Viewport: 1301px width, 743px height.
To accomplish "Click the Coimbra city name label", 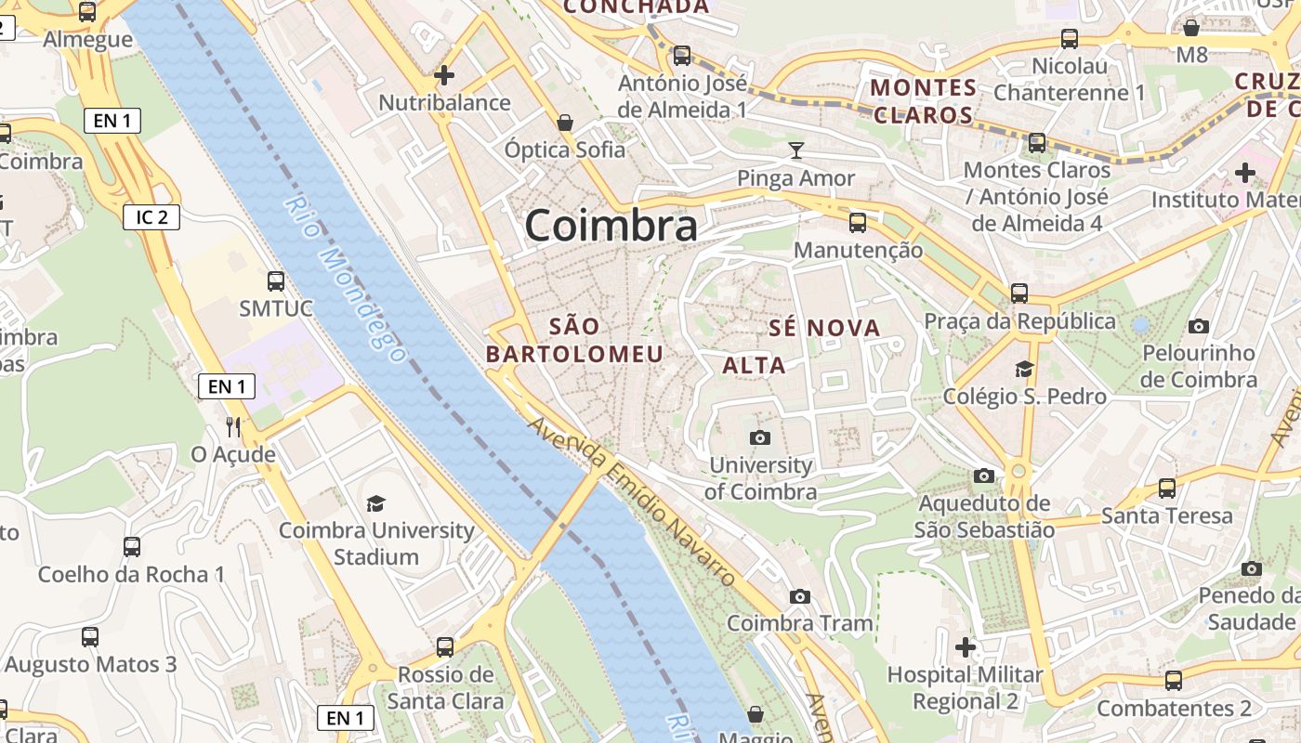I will point(611,227).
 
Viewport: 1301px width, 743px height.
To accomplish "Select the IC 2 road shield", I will point(151,217).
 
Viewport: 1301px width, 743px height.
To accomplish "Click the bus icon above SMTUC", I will point(276,280).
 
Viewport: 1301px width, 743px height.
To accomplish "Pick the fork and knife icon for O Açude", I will point(233,426).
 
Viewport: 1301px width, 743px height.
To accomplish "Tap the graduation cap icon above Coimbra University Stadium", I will point(375,503).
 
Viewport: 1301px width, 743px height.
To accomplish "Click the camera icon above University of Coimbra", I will point(760,437).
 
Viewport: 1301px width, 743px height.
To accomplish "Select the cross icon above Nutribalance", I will point(444,75).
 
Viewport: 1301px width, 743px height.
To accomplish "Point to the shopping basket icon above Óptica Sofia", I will point(564,123).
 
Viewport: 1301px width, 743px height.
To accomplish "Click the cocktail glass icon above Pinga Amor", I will point(796,150).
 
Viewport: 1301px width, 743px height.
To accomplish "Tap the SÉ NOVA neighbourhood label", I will point(824,328).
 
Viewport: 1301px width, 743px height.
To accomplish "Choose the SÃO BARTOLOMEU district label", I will point(575,340).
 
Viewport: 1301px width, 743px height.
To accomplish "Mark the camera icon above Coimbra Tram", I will point(799,596).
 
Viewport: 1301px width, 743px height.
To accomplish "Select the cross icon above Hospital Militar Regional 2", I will point(966,646).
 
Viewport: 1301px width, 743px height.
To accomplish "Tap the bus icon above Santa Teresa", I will point(1167,489).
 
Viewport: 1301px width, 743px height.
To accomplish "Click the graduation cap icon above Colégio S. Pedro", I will point(1024,369).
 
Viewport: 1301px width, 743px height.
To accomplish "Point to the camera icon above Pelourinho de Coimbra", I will point(1199,326).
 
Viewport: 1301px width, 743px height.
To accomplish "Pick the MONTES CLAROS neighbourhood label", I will point(924,102).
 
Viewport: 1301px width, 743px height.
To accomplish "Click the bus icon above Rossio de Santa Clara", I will point(445,646).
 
